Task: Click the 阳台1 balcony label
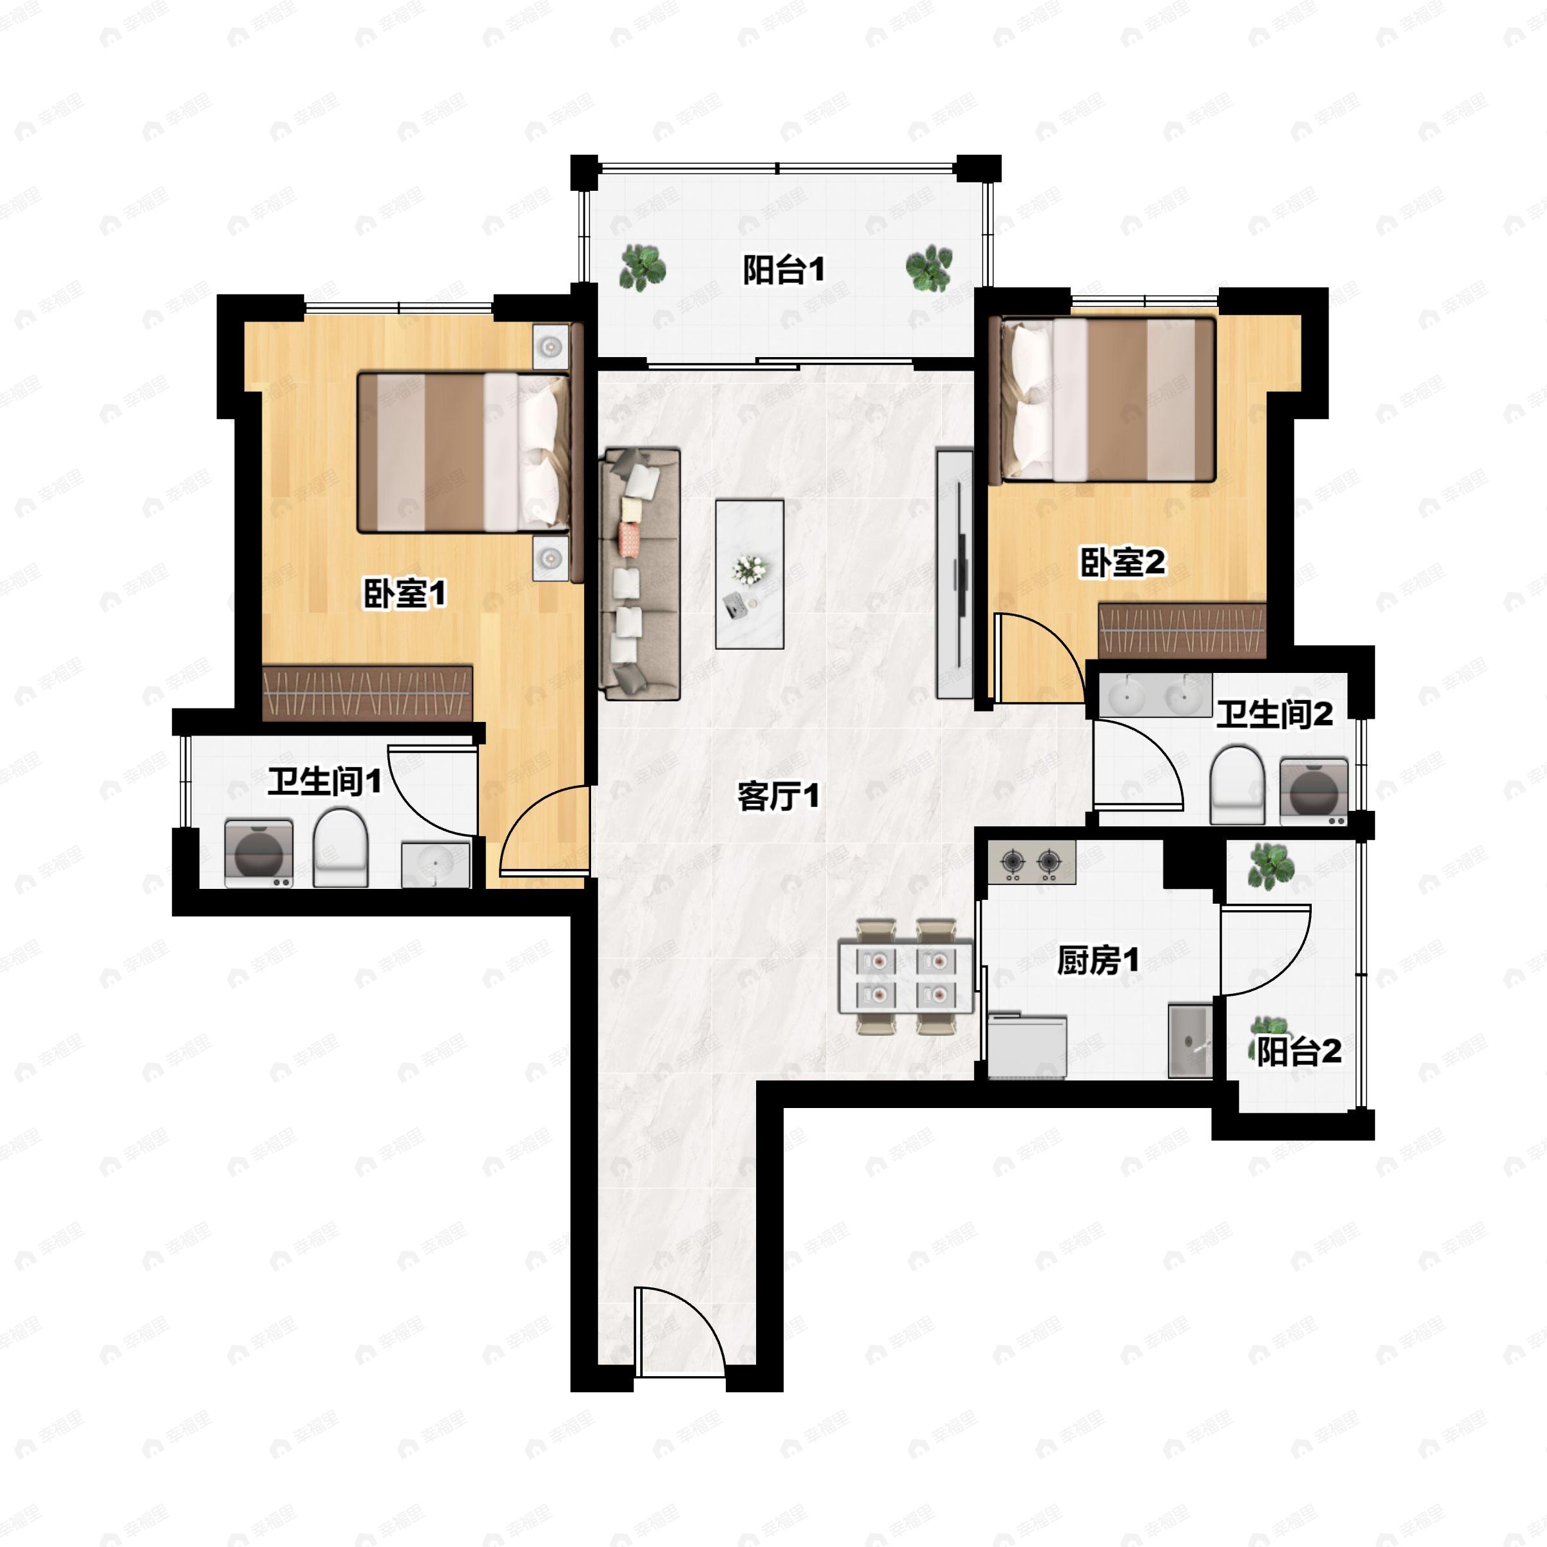[783, 270]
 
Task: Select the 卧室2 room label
[1123, 562]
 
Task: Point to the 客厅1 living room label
[778, 796]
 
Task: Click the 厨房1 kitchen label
[1098, 960]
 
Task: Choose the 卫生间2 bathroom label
[1275, 714]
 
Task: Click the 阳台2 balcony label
[1299, 1051]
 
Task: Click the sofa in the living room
[641, 574]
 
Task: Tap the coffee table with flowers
[750, 574]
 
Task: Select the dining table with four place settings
[906, 977]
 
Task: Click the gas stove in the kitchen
[1031, 862]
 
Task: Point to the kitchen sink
[1190, 1041]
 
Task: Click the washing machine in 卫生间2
[1314, 791]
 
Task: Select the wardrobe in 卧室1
[367, 693]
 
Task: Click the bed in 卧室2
[1104, 400]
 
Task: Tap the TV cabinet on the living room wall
[955, 573]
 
